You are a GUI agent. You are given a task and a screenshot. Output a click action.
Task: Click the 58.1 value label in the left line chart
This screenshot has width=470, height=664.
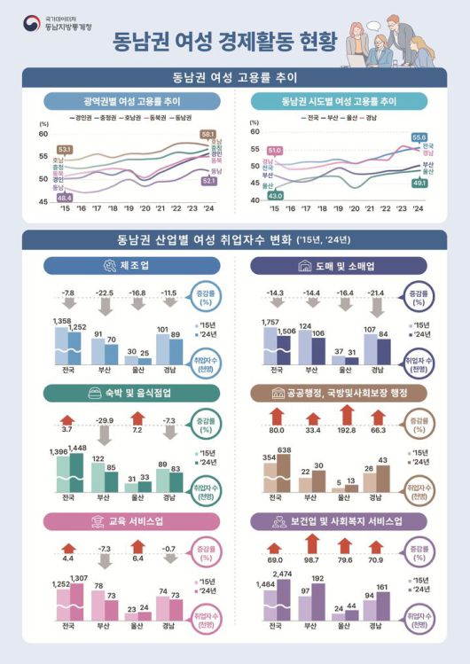209,134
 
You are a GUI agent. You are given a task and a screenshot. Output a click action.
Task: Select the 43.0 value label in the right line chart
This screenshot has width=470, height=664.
275,195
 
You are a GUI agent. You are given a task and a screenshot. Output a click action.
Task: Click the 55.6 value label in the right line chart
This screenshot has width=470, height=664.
419,137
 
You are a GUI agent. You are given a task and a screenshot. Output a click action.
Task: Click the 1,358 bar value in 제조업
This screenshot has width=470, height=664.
61,320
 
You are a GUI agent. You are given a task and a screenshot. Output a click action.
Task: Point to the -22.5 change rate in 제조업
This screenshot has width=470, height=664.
105,293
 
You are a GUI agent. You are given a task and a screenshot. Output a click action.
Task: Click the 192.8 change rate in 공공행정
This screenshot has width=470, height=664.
347,431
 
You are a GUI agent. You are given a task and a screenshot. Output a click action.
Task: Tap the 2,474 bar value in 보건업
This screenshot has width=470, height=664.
282,575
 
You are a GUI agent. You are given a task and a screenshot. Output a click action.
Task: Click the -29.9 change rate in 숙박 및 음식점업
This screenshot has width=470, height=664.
105,419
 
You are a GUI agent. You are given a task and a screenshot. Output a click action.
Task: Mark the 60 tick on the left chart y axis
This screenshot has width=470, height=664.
43,134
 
